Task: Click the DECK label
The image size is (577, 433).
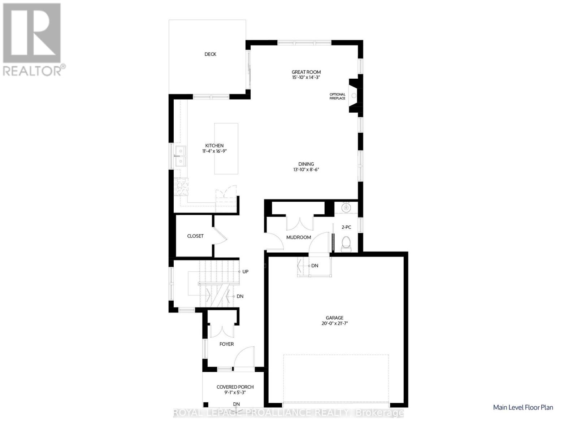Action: click(x=210, y=54)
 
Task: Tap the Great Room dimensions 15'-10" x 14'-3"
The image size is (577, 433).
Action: click(x=306, y=77)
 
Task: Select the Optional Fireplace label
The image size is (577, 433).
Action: click(x=337, y=96)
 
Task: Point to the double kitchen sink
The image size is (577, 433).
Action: click(x=179, y=156)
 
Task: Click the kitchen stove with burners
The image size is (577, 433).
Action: click(x=181, y=187)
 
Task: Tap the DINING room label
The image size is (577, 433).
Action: click(x=306, y=164)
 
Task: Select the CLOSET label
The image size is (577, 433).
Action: click(x=195, y=236)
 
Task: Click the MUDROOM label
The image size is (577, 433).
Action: click(x=298, y=237)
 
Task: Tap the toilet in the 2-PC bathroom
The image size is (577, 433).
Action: click(x=346, y=243)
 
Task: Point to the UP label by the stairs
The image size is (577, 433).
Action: click(x=245, y=272)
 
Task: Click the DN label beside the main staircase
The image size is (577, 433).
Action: click(x=240, y=296)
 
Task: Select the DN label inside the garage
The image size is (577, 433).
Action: click(x=314, y=266)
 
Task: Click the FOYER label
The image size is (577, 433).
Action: click(x=226, y=344)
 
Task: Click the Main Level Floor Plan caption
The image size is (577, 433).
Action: click(x=523, y=407)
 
